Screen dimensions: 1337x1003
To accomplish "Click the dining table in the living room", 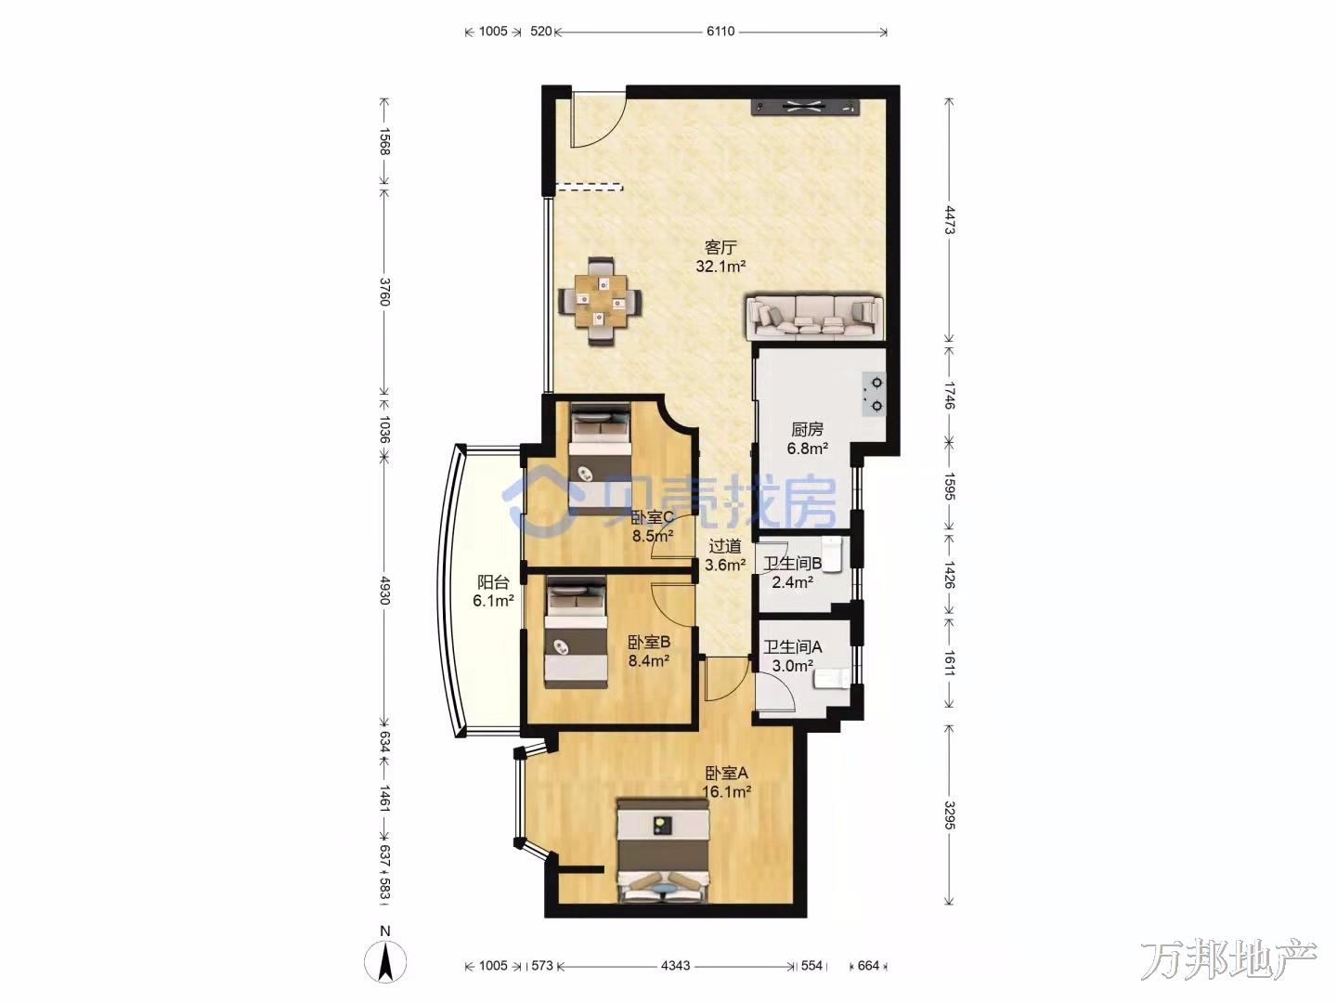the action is coord(175,302).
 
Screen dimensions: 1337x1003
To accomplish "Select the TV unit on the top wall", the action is coord(805,107).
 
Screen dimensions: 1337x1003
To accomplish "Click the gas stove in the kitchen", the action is coord(875,394).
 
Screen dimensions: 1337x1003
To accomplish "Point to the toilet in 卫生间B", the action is coord(832,554).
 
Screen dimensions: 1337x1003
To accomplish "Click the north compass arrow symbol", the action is coord(385,963).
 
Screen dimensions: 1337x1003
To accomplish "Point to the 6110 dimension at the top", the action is coord(720,32).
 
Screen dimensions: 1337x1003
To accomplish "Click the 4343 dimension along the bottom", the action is coord(676,966).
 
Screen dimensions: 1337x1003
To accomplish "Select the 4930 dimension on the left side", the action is coord(384,590).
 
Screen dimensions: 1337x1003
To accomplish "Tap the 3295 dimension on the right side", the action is coord(949,814).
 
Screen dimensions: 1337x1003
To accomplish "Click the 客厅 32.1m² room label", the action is coord(721,256).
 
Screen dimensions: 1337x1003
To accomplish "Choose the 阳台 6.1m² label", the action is coord(493,592).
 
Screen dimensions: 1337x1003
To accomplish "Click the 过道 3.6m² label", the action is coord(725,555).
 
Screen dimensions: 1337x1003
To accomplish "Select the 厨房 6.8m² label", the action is coord(807,439).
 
